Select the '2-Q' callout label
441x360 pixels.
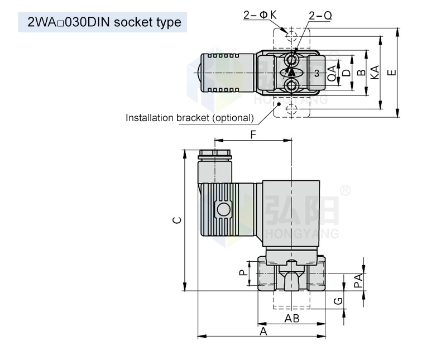(x=320, y=16)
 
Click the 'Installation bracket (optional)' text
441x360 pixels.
(x=189, y=118)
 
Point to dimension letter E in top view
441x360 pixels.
(x=392, y=73)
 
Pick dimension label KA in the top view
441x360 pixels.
(x=375, y=73)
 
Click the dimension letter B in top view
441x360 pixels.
(x=361, y=73)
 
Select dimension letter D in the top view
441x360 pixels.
(x=346, y=73)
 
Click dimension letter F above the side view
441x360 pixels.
(x=253, y=135)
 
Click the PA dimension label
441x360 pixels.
(x=359, y=280)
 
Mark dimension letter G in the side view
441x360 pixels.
(x=337, y=301)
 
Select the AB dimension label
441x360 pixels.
(x=292, y=318)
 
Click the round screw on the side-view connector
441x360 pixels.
(x=224, y=210)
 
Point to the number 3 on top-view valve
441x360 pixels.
(x=316, y=73)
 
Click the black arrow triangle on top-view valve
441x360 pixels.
(x=291, y=73)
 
